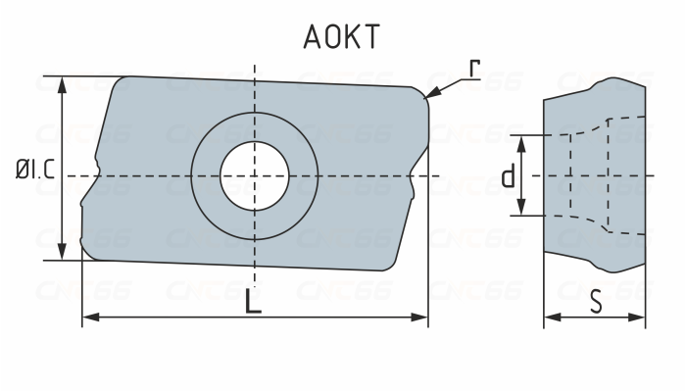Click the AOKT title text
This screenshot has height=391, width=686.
click(340, 37)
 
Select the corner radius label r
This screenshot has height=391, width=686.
click(474, 69)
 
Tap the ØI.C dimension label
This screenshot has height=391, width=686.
click(33, 171)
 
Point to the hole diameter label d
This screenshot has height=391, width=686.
click(508, 176)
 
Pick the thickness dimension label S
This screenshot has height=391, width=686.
click(596, 303)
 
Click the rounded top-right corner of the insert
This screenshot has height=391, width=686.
click(423, 93)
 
